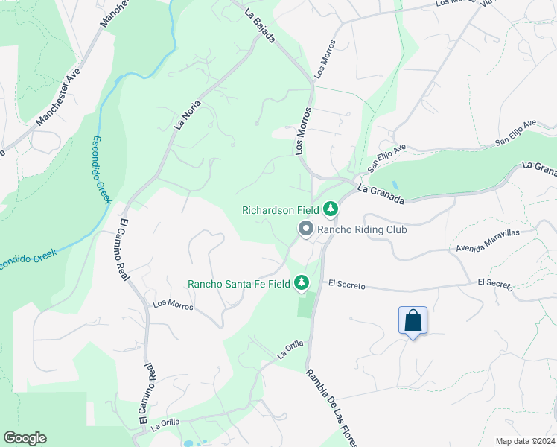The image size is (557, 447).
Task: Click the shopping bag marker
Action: [413, 322]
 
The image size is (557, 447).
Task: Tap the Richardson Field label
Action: [279, 210]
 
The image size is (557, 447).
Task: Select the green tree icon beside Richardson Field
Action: [330, 209]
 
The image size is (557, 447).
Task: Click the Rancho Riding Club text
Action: [362, 230]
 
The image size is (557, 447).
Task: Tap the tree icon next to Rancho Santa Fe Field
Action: [302, 282]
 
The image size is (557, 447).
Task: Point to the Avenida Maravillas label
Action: [488, 239]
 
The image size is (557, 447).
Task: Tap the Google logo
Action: [25, 438]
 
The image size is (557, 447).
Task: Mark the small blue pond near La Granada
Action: [394, 184]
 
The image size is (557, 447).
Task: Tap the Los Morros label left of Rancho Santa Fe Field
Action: [173, 305]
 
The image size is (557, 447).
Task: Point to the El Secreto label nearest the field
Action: [346, 285]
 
